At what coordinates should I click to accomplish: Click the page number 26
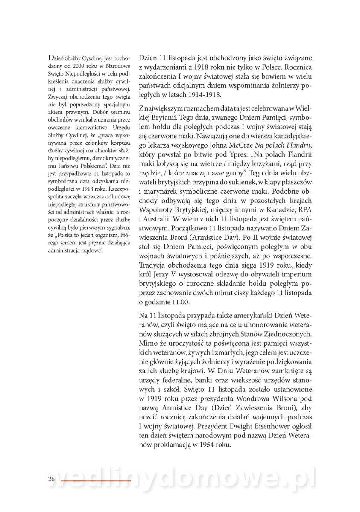[x=52, y=480]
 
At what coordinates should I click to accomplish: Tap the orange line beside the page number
[x=96, y=481]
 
